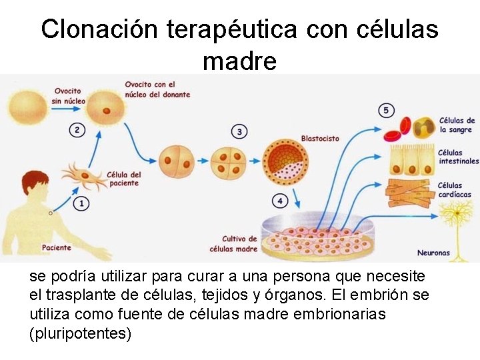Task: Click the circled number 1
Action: pos(81,203)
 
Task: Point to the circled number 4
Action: pos(281,200)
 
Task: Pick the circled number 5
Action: pos(386,110)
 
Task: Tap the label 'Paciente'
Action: pos(56,248)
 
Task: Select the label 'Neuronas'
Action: pos(433,253)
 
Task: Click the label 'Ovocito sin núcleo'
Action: pos(67,95)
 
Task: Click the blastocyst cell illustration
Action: pos(283,161)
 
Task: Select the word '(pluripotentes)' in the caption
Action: pos(81,333)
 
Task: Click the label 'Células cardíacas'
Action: pos(450,190)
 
